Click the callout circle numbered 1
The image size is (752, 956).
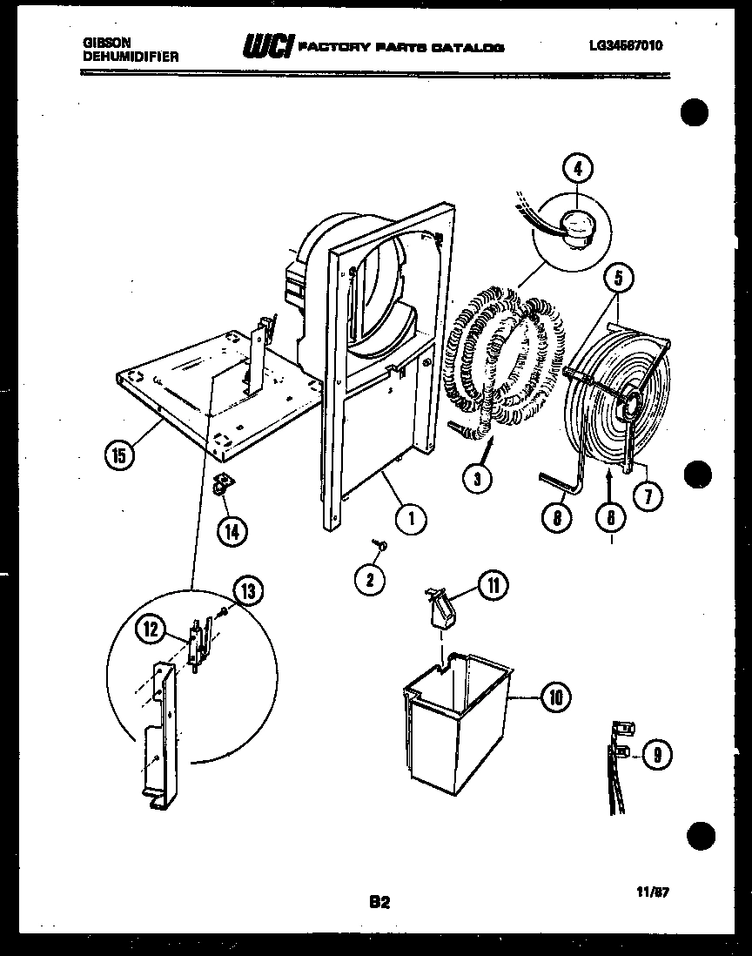[x=410, y=520]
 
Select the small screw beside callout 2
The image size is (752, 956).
[x=380, y=545]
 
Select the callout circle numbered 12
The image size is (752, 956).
[x=153, y=630]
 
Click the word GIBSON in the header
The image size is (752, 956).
[x=103, y=41]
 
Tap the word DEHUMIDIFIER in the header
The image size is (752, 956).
[x=131, y=56]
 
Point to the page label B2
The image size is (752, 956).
[x=379, y=903]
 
